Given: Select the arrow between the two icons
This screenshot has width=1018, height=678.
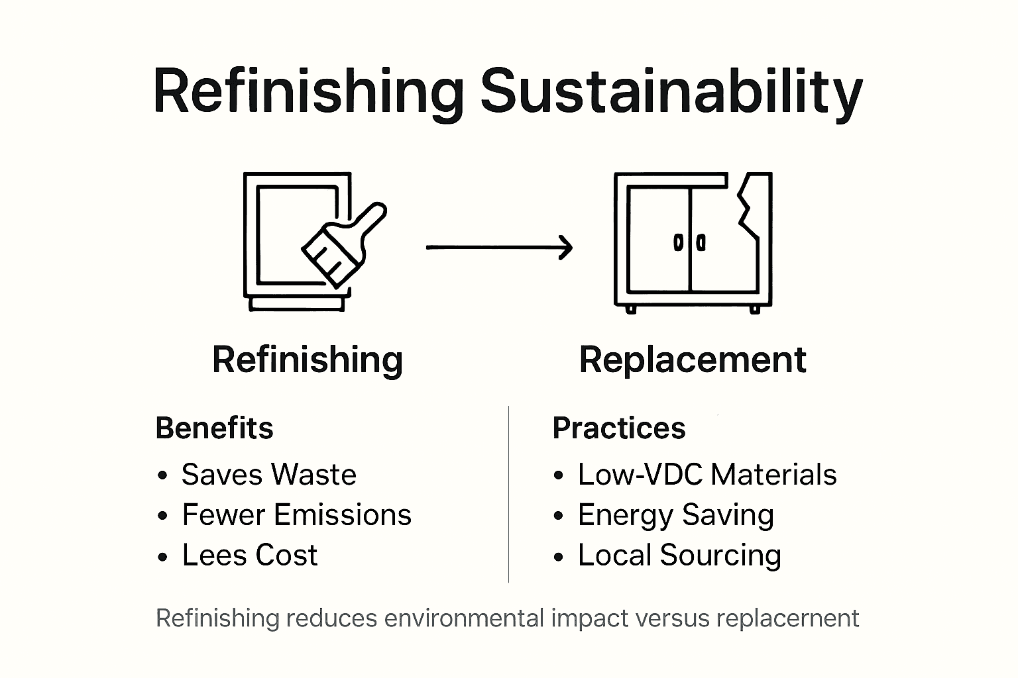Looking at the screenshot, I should pyautogui.click(x=498, y=248).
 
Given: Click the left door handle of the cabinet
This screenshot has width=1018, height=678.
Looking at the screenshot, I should pyautogui.click(x=678, y=243).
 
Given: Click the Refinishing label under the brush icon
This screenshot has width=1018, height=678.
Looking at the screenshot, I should pyautogui.click(x=308, y=360).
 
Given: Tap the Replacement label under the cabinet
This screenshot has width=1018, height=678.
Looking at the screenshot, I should pyautogui.click(x=693, y=360).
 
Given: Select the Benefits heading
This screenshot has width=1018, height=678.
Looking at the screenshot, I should pyautogui.click(x=214, y=428).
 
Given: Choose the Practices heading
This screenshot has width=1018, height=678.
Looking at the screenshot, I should pyautogui.click(x=619, y=428).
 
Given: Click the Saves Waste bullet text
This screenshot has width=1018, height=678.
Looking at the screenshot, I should pyautogui.click(x=269, y=475).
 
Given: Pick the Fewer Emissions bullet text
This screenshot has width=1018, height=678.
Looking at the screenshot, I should pyautogui.click(x=297, y=515).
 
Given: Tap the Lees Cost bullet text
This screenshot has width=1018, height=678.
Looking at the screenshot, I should pyautogui.click(x=250, y=556).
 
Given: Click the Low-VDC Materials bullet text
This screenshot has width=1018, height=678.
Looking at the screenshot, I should pyautogui.click(x=707, y=475).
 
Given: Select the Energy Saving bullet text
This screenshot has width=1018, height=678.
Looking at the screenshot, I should pyautogui.click(x=676, y=515).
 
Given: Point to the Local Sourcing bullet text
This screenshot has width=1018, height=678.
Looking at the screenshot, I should pyautogui.click(x=679, y=556).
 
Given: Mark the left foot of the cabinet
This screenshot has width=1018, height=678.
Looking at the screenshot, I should pyautogui.click(x=630, y=309).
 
